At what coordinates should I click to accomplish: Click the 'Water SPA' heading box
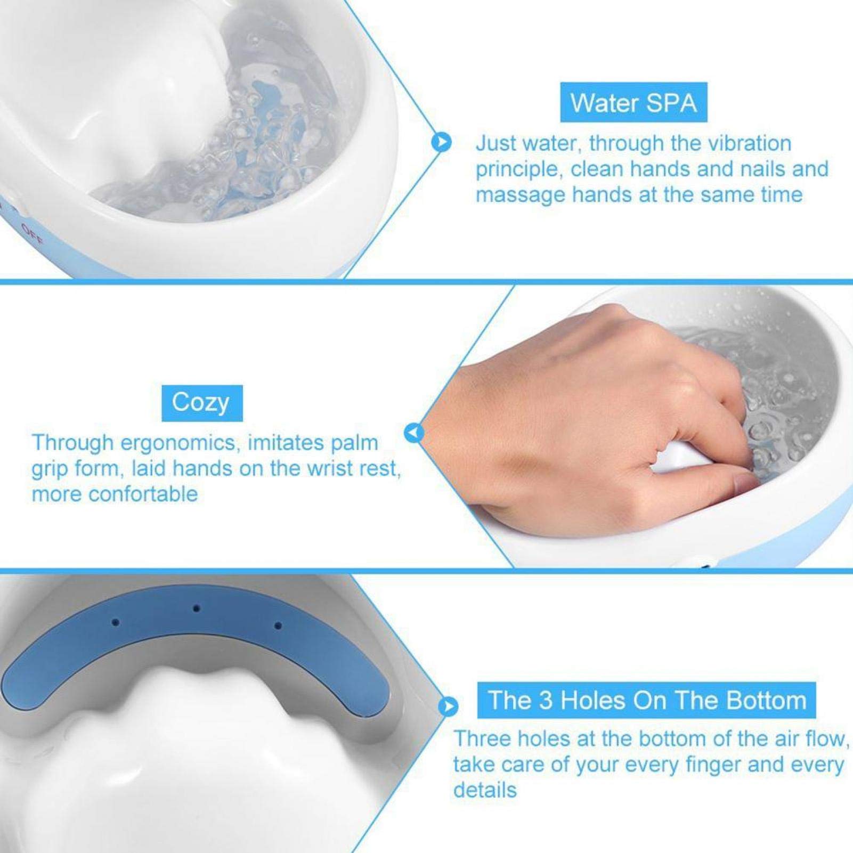[x=633, y=102]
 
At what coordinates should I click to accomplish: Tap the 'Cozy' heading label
[x=201, y=403]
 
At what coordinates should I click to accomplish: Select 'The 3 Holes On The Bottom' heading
[x=646, y=700]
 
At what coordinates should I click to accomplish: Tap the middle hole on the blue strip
[x=197, y=608]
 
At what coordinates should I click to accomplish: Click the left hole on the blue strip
[x=116, y=622]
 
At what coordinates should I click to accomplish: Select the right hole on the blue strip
[x=277, y=625]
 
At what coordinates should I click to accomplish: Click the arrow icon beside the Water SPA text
[x=442, y=142]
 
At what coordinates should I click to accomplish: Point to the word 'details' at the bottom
[x=485, y=790]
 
